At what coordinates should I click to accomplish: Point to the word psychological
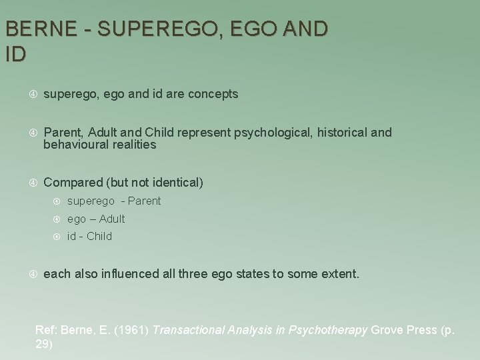(x=271, y=132)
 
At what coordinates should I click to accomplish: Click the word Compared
(x=72, y=182)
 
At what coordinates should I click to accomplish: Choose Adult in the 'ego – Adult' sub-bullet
(x=111, y=219)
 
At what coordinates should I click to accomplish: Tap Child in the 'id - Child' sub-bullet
(x=99, y=236)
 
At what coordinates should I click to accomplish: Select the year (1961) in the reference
(x=134, y=329)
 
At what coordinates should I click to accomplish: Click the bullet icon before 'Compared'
(x=33, y=182)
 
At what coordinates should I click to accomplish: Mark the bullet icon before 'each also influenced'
(x=33, y=273)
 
